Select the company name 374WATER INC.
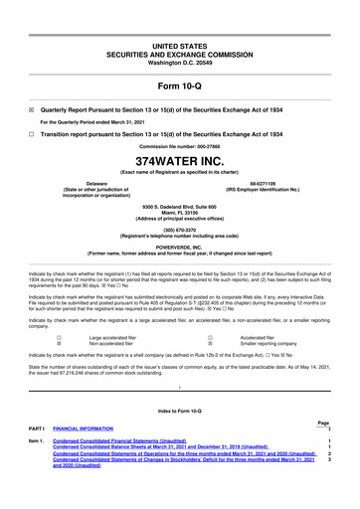click(x=179, y=158)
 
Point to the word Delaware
click(x=97, y=183)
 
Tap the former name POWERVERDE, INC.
click(x=179, y=246)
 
